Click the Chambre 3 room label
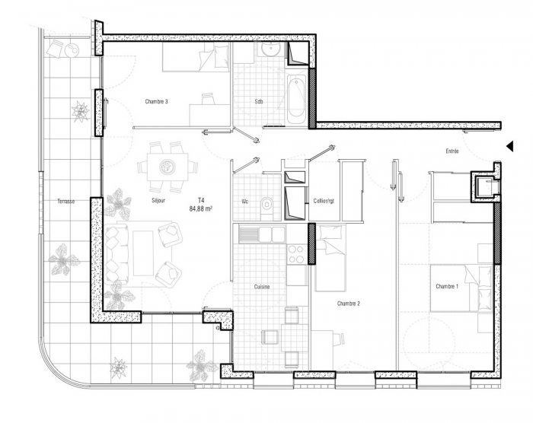pyautogui.click(x=156, y=102)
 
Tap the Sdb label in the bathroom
pyautogui.click(x=259, y=102)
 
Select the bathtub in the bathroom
pyautogui.click(x=296, y=99)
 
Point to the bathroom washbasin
pyautogui.click(x=270, y=49)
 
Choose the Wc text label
pyautogui.click(x=244, y=202)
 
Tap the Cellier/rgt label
pyautogui.click(x=324, y=201)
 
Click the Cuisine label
pyautogui.click(x=262, y=287)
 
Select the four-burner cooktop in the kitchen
pyautogui.click(x=295, y=254)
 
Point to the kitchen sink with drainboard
pyautogui.click(x=262, y=234)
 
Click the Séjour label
pyautogui.click(x=158, y=200)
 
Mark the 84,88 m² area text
pyautogui.click(x=201, y=209)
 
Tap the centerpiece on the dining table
pyautogui.click(x=167, y=167)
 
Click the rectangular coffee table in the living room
pyautogui.click(x=143, y=253)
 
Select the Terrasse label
pyautogui.click(x=66, y=201)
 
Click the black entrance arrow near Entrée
pyautogui.click(x=509, y=146)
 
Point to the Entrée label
pyautogui.click(x=452, y=151)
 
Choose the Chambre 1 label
pyautogui.click(x=447, y=286)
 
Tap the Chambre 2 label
pyautogui.click(x=349, y=304)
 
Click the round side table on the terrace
pyautogui.click(x=72, y=51)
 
